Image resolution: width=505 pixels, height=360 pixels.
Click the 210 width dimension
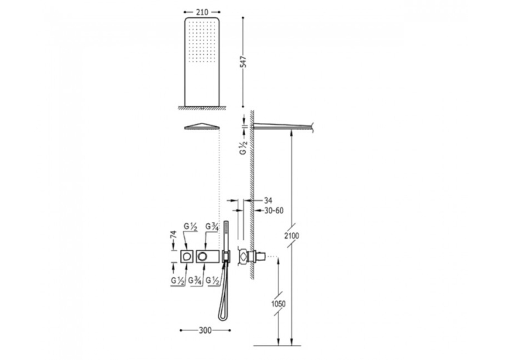[x=202, y=13]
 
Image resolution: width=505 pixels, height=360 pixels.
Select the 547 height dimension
[x=243, y=62]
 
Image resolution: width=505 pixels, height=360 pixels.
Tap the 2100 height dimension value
[x=292, y=236]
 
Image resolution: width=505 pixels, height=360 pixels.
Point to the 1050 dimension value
[x=279, y=304]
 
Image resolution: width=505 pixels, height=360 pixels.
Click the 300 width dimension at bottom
[x=205, y=330]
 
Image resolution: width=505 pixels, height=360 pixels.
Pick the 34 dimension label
[x=268, y=200]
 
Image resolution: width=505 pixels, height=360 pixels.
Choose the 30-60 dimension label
[x=274, y=211]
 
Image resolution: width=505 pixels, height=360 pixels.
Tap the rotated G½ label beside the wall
[x=243, y=147]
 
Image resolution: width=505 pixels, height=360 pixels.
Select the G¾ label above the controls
[x=213, y=227]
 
